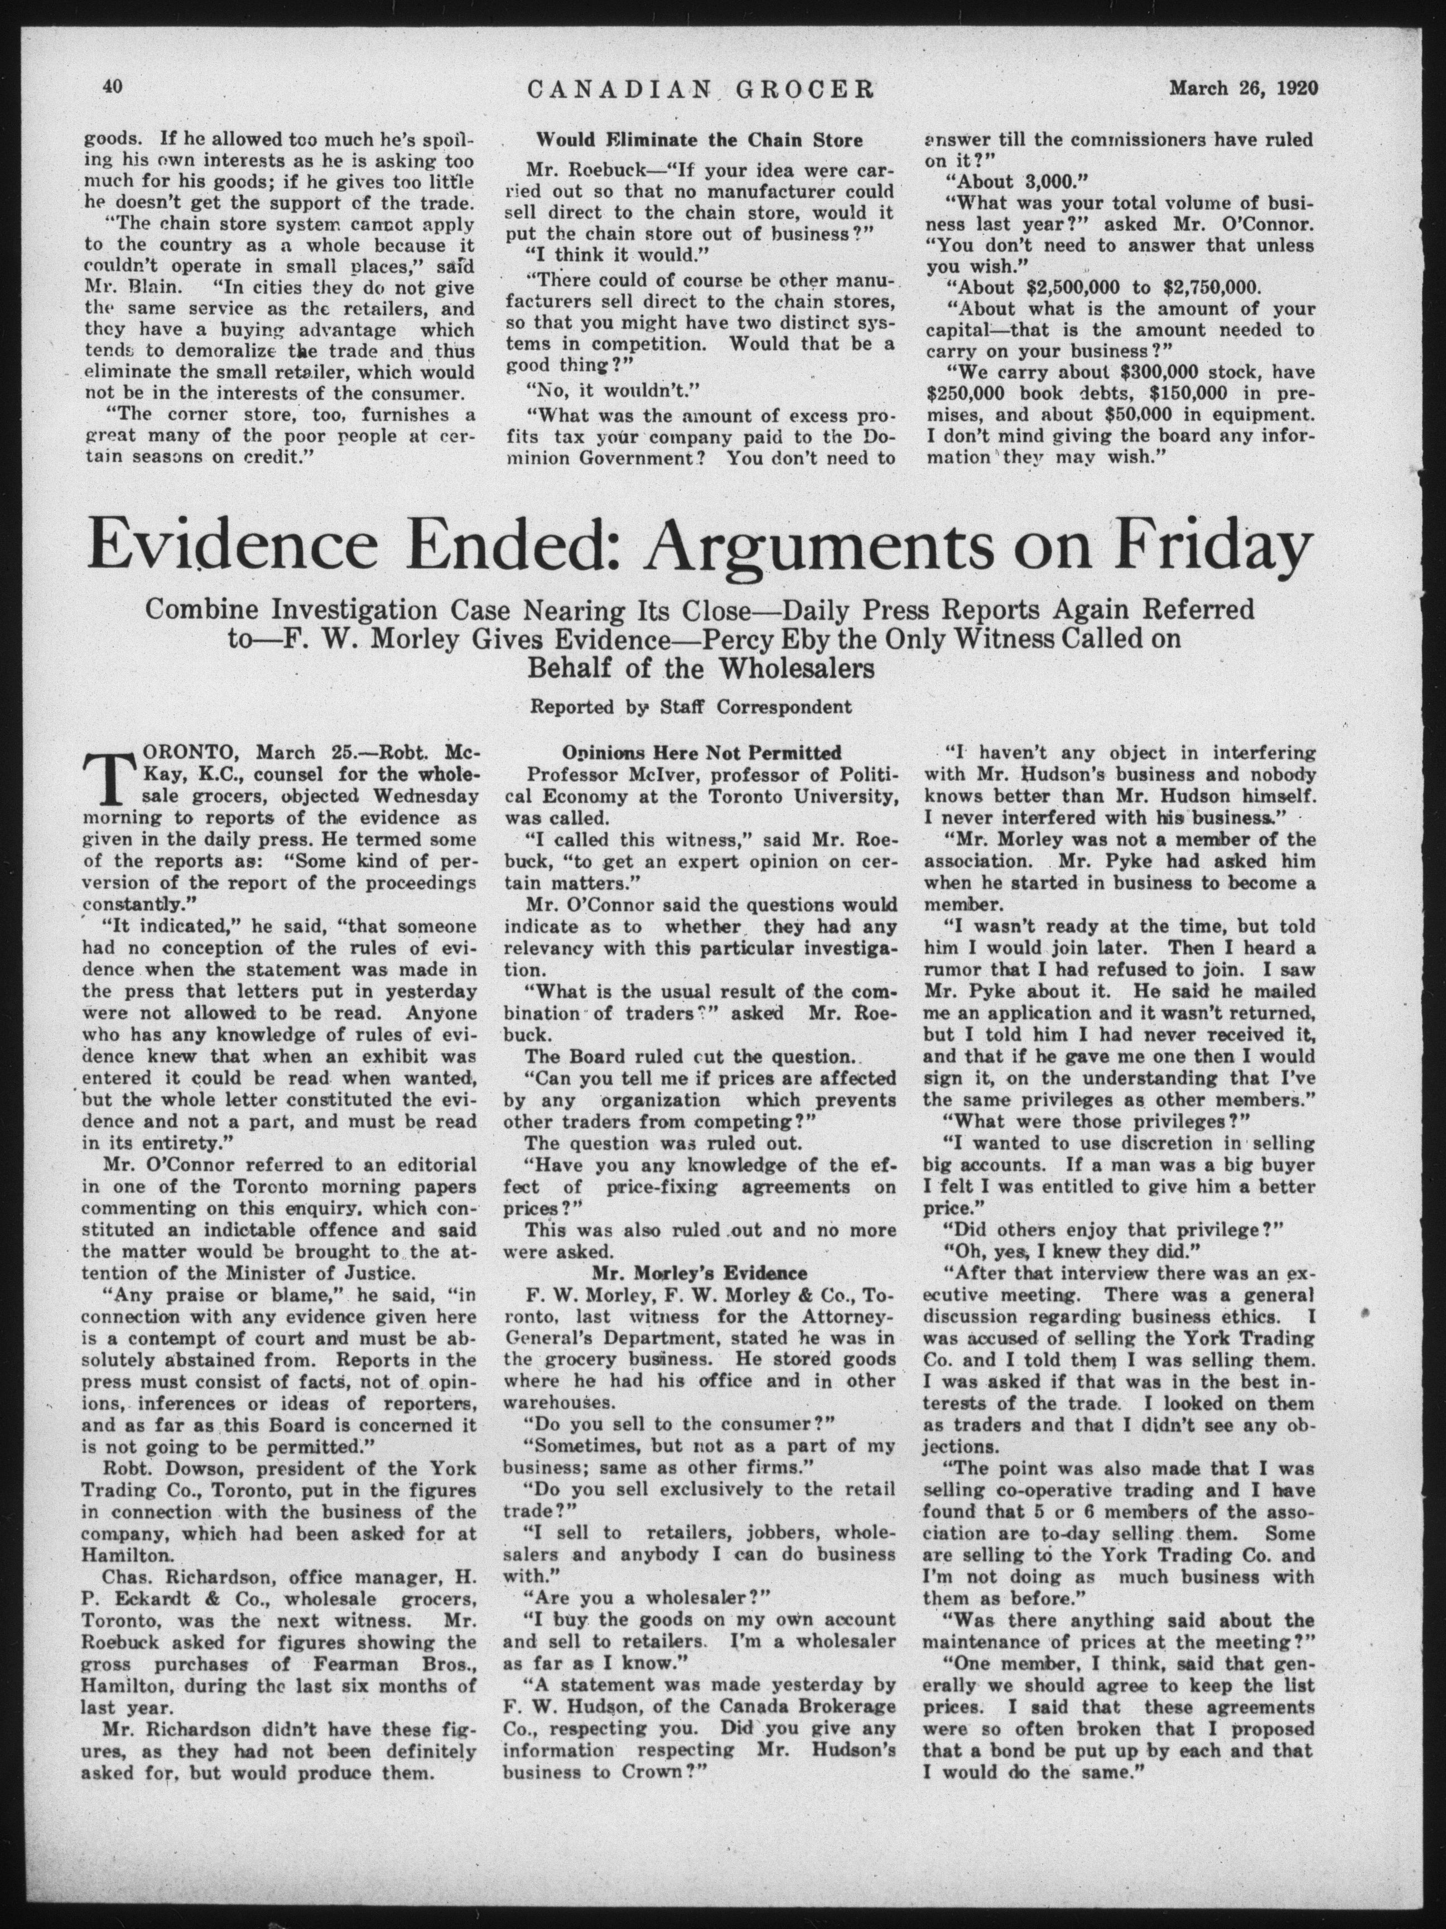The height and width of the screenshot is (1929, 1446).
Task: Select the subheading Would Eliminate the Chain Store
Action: pos(699,140)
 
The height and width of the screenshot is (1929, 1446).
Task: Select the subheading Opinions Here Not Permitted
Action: pos(701,752)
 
